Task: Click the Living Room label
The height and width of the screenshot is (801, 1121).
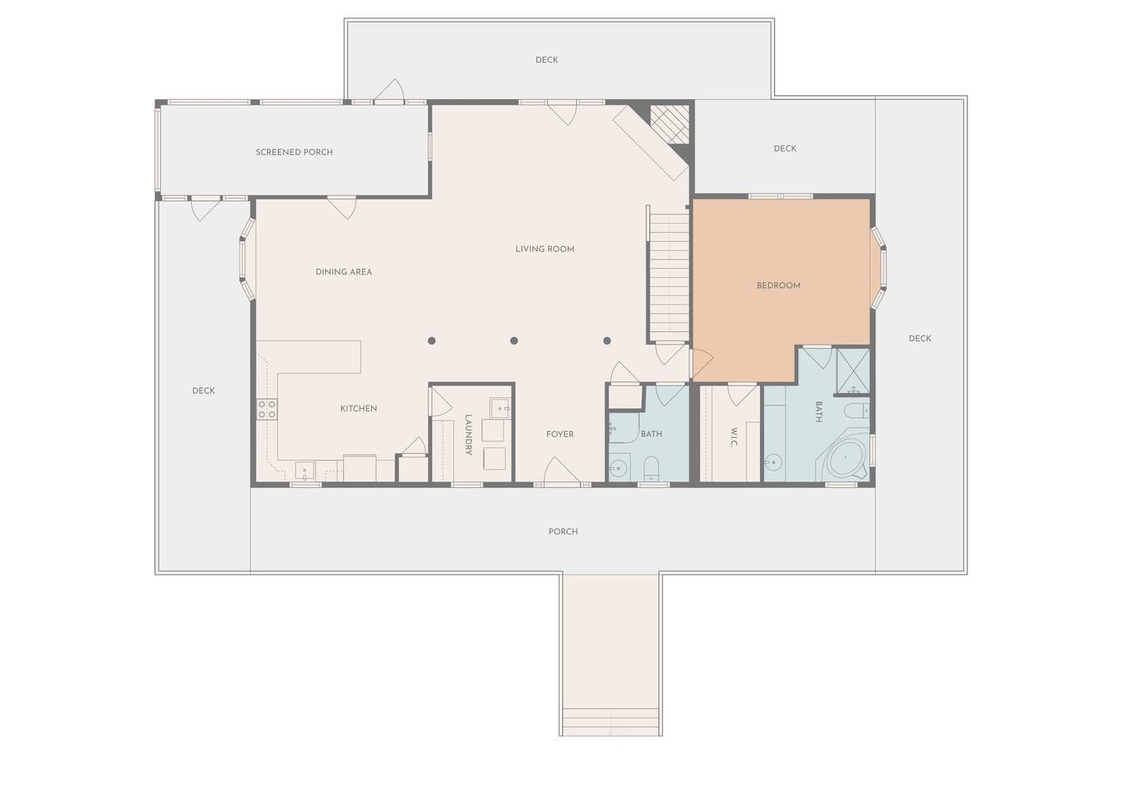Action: pyautogui.click(x=545, y=249)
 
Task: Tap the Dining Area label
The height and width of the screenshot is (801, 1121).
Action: pyautogui.click(x=344, y=272)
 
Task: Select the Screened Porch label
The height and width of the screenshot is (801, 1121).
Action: pyautogui.click(x=294, y=152)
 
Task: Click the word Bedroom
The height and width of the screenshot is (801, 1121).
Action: pyautogui.click(x=778, y=285)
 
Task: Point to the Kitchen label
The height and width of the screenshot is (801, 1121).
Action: pyautogui.click(x=359, y=409)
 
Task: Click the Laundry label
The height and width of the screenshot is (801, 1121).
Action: pyautogui.click(x=469, y=435)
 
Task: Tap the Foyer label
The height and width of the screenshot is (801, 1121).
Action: pyautogui.click(x=560, y=434)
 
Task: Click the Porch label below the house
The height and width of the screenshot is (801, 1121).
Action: pyautogui.click(x=563, y=531)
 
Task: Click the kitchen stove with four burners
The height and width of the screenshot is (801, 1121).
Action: pyautogui.click(x=267, y=409)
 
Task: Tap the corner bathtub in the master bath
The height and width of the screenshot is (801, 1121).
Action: pyautogui.click(x=845, y=459)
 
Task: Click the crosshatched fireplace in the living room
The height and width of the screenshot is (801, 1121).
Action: pyautogui.click(x=669, y=123)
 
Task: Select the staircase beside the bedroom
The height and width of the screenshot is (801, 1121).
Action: pyautogui.click(x=669, y=275)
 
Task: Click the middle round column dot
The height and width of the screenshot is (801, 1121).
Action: pyautogui.click(x=514, y=341)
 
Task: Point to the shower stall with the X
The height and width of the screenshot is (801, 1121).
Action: pyautogui.click(x=853, y=371)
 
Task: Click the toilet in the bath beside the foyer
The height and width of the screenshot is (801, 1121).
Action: pyautogui.click(x=651, y=467)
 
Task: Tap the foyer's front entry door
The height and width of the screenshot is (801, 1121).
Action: pyautogui.click(x=561, y=472)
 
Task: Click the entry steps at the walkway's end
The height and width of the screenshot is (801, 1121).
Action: pyautogui.click(x=611, y=722)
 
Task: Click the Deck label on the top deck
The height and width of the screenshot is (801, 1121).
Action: pyautogui.click(x=546, y=60)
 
